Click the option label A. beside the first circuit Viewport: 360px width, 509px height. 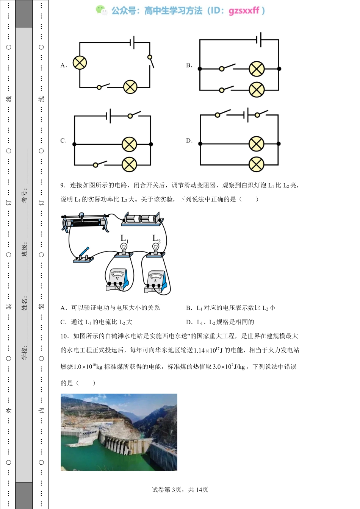tap(64, 65)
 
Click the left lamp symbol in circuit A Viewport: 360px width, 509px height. tap(80, 62)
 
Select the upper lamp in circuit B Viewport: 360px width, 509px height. tap(257, 69)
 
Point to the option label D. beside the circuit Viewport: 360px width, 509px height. tap(189, 141)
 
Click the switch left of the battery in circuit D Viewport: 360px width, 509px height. tap(222, 114)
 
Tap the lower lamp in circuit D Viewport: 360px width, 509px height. tap(257, 164)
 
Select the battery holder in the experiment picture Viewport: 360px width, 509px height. tap(142, 220)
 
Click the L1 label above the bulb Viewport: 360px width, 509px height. tap(124, 238)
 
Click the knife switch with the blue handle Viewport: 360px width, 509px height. tap(84, 255)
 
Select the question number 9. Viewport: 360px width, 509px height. tap(63, 185)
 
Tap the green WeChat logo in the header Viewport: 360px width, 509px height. tap(101, 10)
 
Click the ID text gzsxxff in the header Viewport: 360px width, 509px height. tap(244, 11)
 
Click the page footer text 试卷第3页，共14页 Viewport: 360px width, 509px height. tap(180, 490)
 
